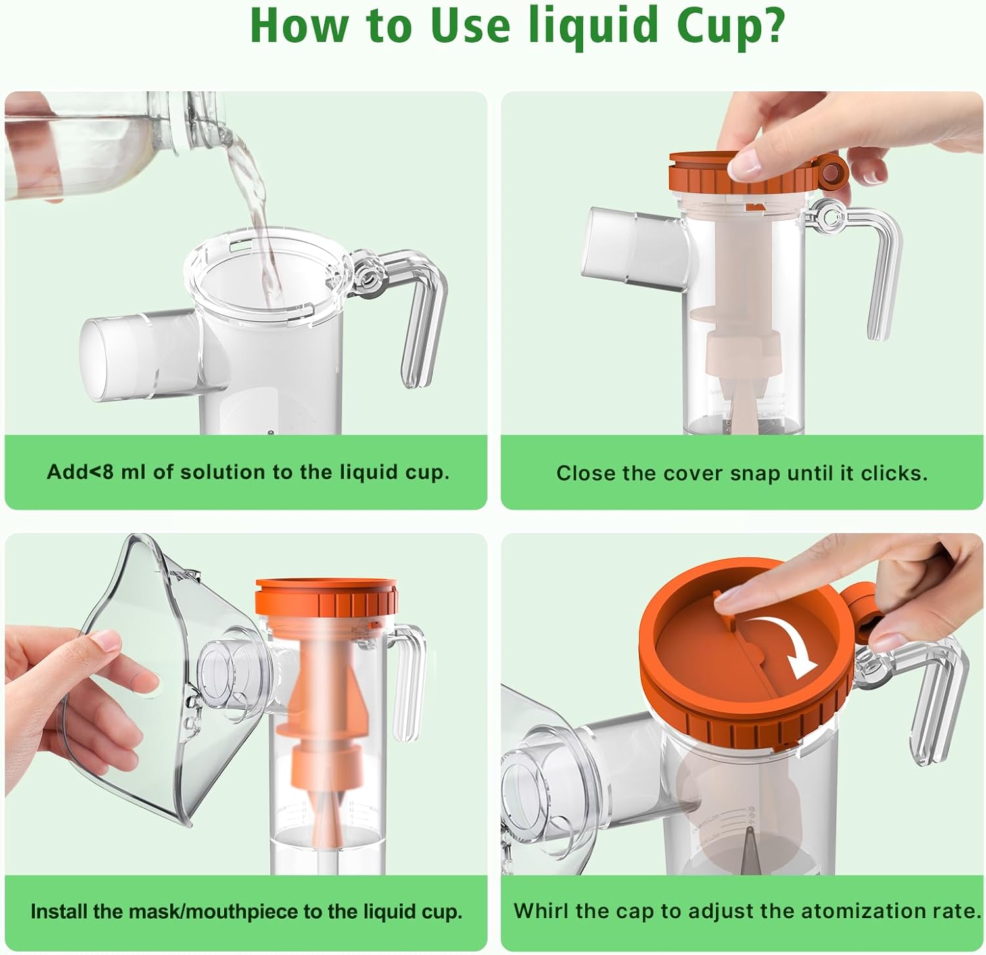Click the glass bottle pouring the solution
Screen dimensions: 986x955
tap(118, 145)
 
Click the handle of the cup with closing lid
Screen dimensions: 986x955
tap(868, 263)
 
